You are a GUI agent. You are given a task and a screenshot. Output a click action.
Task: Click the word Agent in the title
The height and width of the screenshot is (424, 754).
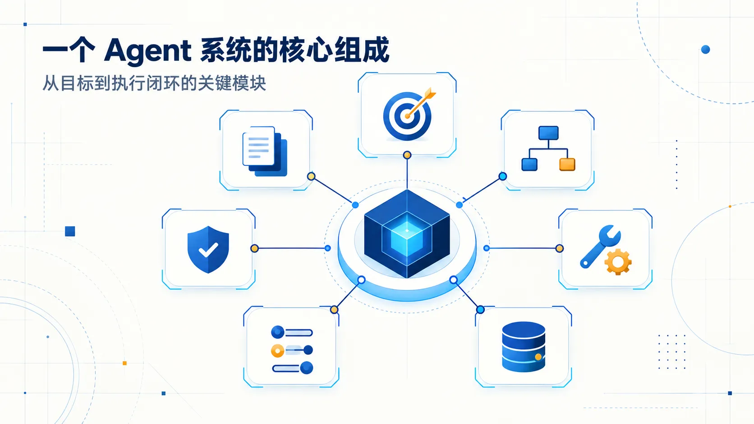pyautogui.click(x=148, y=51)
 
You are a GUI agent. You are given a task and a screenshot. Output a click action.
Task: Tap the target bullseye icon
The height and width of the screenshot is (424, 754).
pyautogui.click(x=407, y=116)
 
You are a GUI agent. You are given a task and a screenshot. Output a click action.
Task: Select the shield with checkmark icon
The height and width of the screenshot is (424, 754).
pyautogui.click(x=208, y=249)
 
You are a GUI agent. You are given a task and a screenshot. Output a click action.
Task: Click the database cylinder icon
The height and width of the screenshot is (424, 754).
pyautogui.click(x=524, y=346)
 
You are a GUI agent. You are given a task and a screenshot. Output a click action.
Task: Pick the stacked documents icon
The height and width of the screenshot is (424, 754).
pyautogui.click(x=265, y=151)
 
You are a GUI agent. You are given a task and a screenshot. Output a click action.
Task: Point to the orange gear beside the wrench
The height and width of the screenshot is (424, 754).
pyautogui.click(x=618, y=262)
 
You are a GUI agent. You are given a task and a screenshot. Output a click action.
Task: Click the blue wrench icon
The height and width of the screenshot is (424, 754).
pyautogui.click(x=600, y=246)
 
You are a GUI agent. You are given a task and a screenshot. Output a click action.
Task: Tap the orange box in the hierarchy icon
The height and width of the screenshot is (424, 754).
pyautogui.click(x=567, y=164)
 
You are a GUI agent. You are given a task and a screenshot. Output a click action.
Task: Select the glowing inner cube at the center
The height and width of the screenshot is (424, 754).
pyautogui.click(x=407, y=239)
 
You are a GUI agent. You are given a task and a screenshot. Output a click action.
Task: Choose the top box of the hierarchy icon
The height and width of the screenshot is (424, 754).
pyautogui.click(x=548, y=133)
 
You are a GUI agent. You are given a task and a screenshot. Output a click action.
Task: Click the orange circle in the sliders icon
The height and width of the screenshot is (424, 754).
pyautogui.click(x=278, y=351)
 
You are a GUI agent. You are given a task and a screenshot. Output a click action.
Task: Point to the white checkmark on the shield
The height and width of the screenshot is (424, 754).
pyautogui.click(x=208, y=250)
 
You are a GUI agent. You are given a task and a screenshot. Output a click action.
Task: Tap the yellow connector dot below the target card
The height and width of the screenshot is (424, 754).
pyautogui.click(x=407, y=155)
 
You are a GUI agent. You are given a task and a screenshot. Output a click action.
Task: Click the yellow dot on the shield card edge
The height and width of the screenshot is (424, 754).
pyautogui.click(x=254, y=248)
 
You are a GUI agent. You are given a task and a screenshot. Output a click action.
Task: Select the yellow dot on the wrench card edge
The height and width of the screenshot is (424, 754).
pyautogui.click(x=560, y=248)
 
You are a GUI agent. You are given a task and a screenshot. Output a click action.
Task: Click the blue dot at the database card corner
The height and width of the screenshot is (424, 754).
pyautogui.click(x=480, y=310)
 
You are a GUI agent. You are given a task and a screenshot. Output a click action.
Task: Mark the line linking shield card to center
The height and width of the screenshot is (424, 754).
pyautogui.click(x=291, y=248)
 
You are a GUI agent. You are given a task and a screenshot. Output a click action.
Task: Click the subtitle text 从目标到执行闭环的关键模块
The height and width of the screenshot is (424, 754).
pyautogui.click(x=154, y=83)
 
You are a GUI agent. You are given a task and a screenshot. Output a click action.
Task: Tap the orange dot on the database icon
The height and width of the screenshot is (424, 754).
pyautogui.click(x=538, y=357)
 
